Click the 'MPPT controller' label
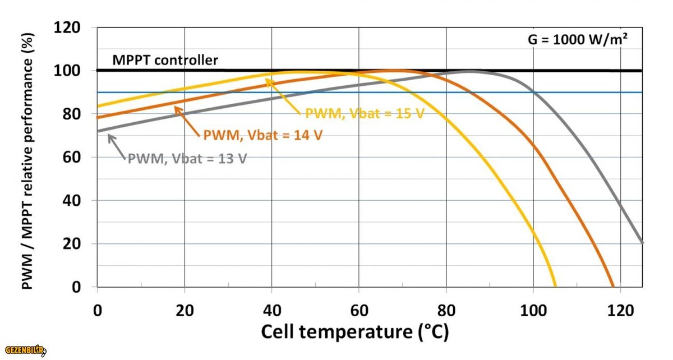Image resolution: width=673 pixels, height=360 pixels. point(165,60)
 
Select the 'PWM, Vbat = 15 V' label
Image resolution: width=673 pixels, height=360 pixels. point(364,114)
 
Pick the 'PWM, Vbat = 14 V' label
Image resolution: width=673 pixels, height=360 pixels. point(262,135)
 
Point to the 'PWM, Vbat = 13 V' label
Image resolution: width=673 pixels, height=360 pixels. point(187,158)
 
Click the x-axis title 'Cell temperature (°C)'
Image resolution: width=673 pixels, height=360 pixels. point(355,332)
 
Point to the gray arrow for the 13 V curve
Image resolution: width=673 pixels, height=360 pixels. point(116,146)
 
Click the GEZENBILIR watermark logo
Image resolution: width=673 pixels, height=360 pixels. point(24,350)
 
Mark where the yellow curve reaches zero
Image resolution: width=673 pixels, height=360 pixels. point(555,287)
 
